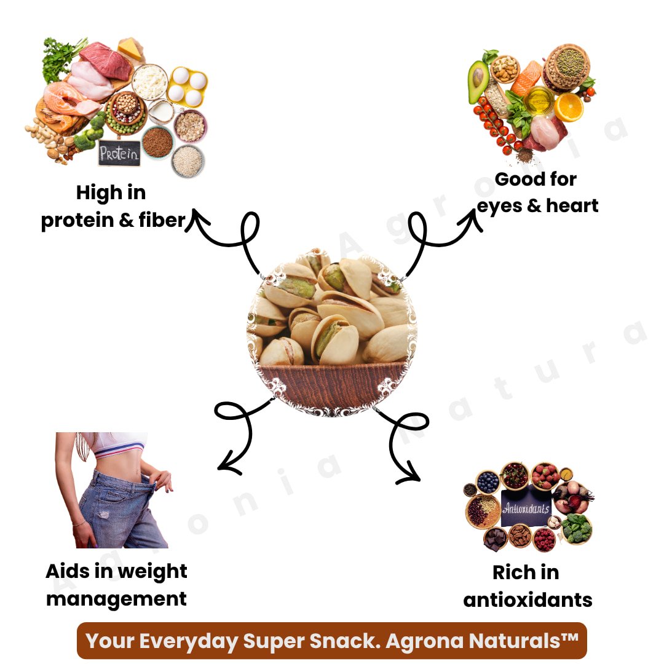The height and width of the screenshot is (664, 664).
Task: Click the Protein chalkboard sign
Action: [x=119, y=153]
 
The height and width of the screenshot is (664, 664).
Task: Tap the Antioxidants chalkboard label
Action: [x=526, y=508]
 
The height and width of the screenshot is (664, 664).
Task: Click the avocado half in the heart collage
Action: [x=478, y=82]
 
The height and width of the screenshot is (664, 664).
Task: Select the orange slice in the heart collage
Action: [x=569, y=107]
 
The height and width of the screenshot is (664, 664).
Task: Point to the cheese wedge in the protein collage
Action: [x=130, y=49]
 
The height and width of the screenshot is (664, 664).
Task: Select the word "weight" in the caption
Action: [x=152, y=571]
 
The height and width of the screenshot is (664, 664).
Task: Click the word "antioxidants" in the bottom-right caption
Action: [x=528, y=599]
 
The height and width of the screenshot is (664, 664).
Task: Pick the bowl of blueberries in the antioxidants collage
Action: [x=489, y=481]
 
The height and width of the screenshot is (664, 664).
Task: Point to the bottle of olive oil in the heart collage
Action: [x=539, y=100]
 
